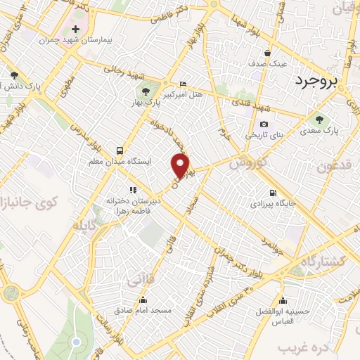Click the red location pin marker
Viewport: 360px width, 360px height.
[181, 166]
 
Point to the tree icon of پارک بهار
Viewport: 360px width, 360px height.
[146, 91]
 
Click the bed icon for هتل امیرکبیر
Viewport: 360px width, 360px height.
[184, 84]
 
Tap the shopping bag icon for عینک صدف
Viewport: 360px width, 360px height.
[267, 53]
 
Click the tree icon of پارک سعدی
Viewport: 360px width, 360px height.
[321, 120]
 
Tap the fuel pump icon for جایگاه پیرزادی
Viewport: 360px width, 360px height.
[273, 193]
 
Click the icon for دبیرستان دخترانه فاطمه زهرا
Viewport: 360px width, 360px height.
[131, 189]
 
